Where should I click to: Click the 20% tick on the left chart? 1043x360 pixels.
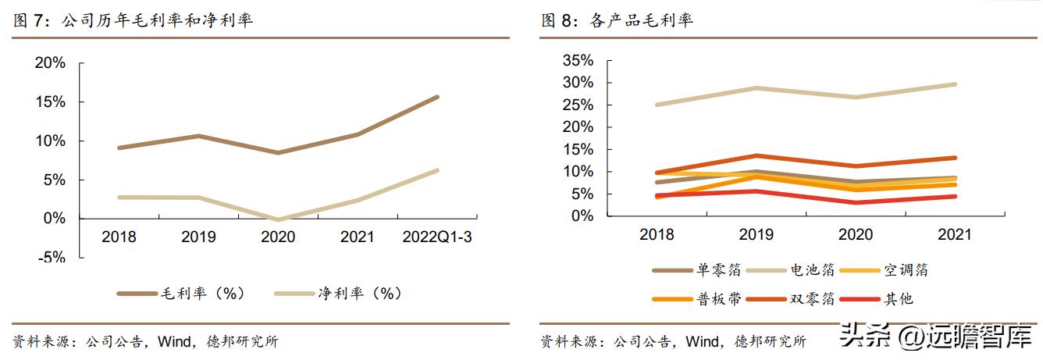click(50, 63)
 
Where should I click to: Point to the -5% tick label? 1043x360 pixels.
click(50, 258)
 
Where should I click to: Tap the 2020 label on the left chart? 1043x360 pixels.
click(277, 237)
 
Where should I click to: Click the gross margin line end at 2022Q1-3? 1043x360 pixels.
click(437, 97)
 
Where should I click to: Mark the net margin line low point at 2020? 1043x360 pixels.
click(277, 219)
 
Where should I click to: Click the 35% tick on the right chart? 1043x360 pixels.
click(578, 60)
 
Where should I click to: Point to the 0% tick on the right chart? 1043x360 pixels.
click(582, 216)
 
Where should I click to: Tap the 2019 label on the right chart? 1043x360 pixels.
click(756, 234)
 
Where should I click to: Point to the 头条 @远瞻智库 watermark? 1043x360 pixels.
click(937, 338)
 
